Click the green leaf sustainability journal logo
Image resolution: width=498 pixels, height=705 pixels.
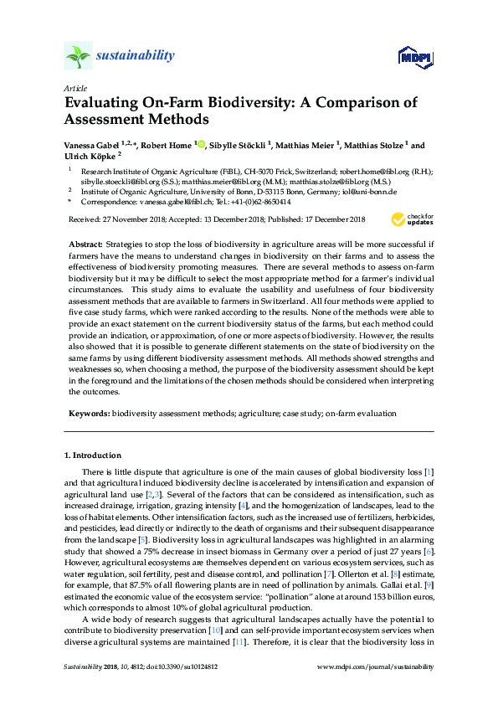click(77, 56)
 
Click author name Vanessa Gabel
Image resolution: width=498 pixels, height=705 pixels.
click(91, 145)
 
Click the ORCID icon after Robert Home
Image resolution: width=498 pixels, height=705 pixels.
click(200, 144)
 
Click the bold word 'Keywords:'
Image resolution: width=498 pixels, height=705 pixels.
click(88, 414)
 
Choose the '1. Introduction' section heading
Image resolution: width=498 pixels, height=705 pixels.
click(92, 455)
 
